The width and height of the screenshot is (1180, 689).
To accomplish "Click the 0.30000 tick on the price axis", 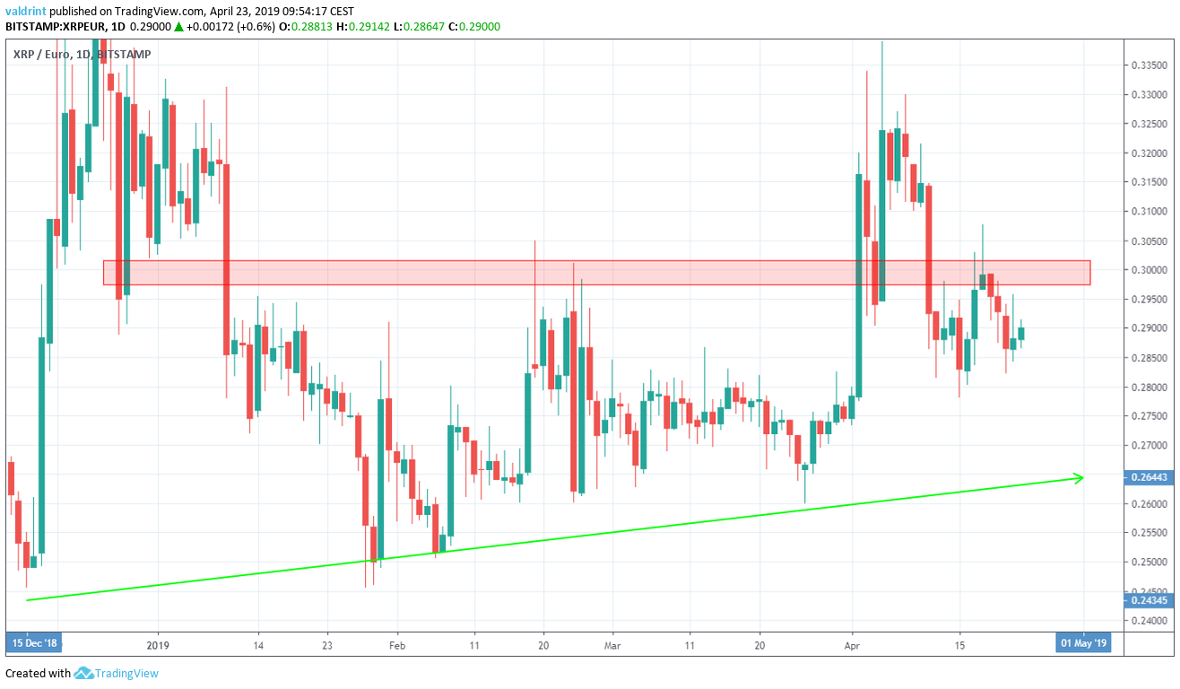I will (1150, 270).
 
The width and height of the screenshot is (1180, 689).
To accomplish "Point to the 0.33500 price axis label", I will (1150, 65).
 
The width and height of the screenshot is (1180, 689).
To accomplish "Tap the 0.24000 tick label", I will (1150, 621).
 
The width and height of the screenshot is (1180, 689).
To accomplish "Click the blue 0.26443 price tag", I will (1150, 478).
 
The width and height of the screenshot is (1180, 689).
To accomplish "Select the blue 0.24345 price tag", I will (1150, 599).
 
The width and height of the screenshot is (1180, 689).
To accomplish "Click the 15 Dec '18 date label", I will (34, 644).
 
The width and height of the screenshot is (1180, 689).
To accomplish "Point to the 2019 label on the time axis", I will (158, 644).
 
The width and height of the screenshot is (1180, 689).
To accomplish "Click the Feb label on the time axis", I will (397, 644).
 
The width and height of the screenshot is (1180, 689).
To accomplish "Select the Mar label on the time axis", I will (612, 644).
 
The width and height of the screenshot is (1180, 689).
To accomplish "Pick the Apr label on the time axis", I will (853, 644).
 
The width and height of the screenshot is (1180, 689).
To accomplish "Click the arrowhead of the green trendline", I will (1080, 477).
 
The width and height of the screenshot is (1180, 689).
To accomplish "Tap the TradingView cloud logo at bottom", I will (84, 673).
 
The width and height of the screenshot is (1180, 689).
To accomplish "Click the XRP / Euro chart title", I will (46, 55).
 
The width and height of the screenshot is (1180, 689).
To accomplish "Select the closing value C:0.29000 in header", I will (475, 27).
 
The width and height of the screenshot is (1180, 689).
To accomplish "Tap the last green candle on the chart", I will (1021, 334).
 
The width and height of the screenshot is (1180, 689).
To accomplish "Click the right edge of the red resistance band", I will (1089, 273).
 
